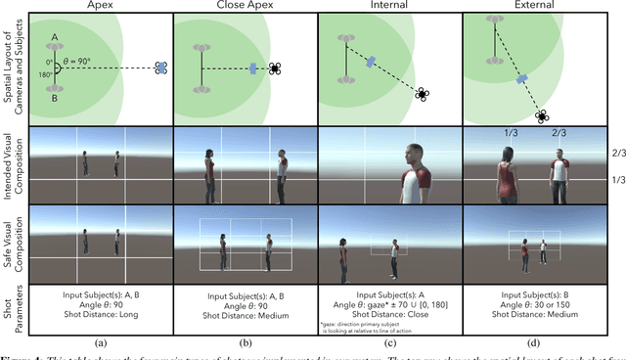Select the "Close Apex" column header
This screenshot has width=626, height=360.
[x=242, y=5]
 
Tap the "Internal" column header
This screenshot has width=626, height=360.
[x=389, y=5]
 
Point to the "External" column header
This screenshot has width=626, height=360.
[x=536, y=5]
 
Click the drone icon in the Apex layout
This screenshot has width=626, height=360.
[x=162, y=68]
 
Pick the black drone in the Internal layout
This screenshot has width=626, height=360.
[x=423, y=95]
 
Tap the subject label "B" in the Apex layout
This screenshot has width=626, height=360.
[x=54, y=98]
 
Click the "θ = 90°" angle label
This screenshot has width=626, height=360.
[x=80, y=58]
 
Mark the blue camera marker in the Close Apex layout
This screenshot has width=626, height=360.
[x=253, y=68]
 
